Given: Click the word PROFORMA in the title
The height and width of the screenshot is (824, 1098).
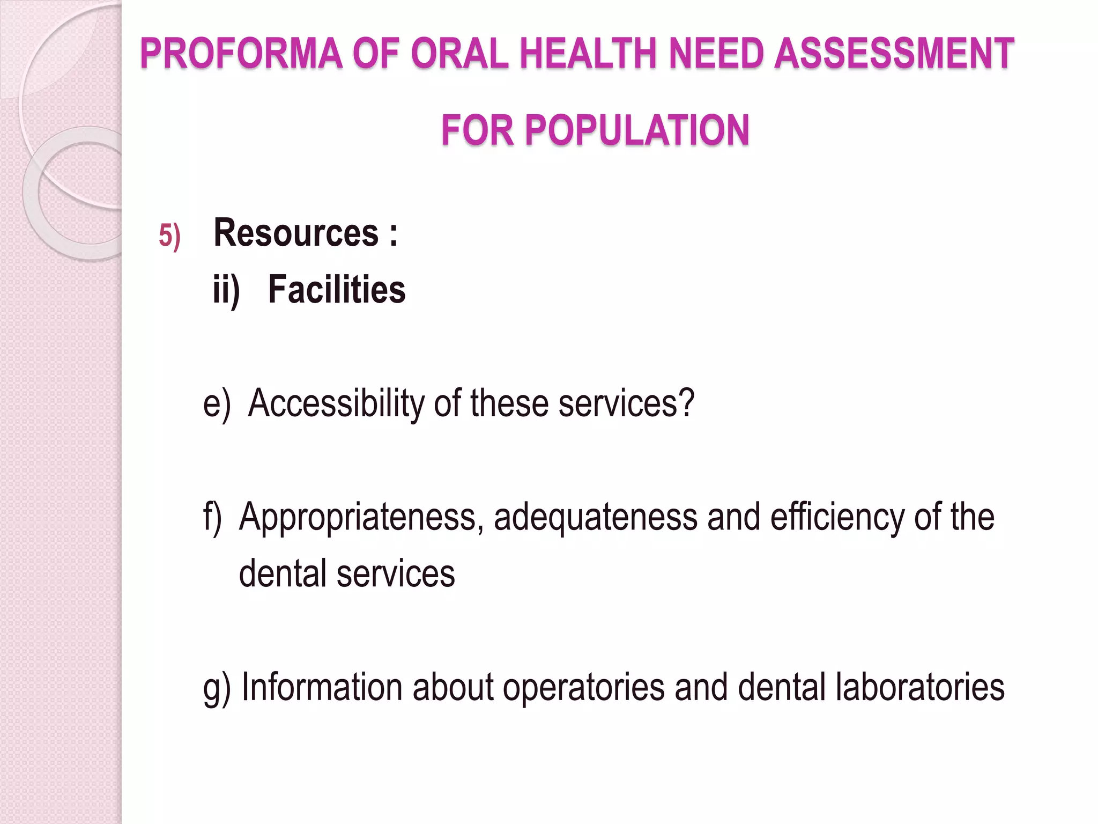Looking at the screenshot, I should point(241,54).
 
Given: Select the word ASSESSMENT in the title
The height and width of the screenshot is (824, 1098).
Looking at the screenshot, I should point(894,54).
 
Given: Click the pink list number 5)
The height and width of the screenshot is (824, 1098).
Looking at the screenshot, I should point(169,236).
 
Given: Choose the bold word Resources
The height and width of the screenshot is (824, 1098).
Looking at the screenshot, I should point(296,233).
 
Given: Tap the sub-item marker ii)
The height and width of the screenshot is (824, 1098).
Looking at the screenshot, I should point(226,290).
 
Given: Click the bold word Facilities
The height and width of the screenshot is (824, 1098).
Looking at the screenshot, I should point(337,290).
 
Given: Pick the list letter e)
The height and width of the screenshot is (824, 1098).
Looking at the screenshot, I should point(217,403).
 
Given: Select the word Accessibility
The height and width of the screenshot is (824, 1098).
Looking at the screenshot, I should point(336,403).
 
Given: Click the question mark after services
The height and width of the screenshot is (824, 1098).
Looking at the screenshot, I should point(686,402).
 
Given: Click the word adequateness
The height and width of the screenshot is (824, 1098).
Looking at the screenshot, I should point(595,518).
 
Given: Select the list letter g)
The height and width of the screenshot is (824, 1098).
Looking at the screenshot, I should point(217,688).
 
